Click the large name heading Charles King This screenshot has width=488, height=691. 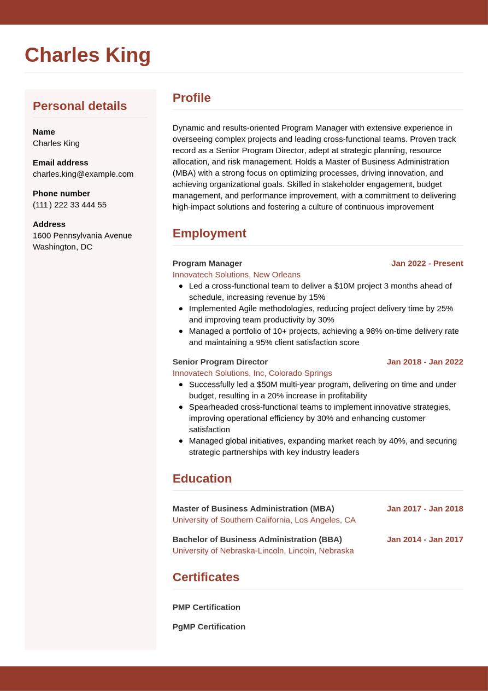click(x=87, y=55)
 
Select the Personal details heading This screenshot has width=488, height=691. click(x=80, y=106)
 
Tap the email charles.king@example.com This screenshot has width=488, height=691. click(x=83, y=174)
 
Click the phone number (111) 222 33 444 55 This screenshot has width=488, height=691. click(x=69, y=205)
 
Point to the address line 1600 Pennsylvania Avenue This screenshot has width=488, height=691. click(x=82, y=235)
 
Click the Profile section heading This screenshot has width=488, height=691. click(x=191, y=98)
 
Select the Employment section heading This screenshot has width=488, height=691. click(x=209, y=234)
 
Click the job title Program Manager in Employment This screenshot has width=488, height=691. click(x=207, y=263)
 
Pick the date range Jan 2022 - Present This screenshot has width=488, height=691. click(x=427, y=263)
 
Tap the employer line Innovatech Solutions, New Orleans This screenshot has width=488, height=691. click(x=236, y=275)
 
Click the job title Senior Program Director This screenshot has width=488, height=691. click(x=220, y=362)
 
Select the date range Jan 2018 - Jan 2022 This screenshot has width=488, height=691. click(x=425, y=362)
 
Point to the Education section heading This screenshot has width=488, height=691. click(x=202, y=479)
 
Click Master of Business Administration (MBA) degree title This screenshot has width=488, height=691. click(x=253, y=508)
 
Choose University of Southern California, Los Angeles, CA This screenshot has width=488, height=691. click(x=264, y=520)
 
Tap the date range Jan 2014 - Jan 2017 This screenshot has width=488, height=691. click(x=425, y=539)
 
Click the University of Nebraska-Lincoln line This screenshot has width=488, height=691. click(x=263, y=550)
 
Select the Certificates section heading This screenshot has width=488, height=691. click(x=206, y=577)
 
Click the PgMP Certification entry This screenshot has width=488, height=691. click(x=209, y=626)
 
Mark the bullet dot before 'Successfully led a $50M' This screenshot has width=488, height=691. click(x=181, y=385)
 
